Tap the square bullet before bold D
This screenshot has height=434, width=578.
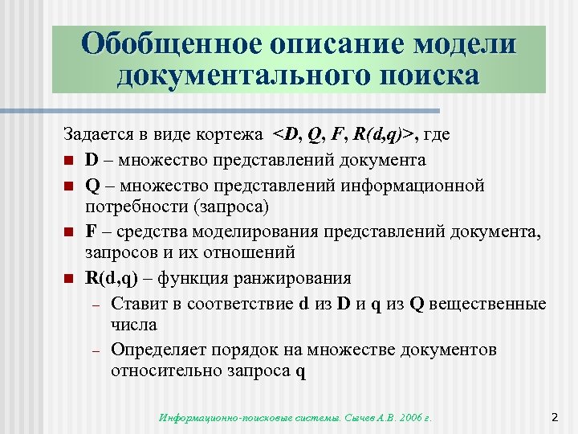click(x=69, y=161)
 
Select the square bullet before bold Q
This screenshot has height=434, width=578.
click(x=69, y=186)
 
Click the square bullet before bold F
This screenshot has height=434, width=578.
click(x=69, y=233)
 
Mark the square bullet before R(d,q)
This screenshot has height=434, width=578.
click(x=69, y=280)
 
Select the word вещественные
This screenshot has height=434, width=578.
click(x=492, y=303)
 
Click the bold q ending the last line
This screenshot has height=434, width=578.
click(x=300, y=373)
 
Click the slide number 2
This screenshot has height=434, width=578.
click(x=555, y=416)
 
